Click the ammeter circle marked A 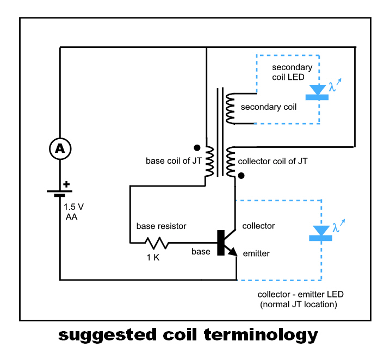click(60, 148)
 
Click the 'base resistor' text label click(161, 226)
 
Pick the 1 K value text click(152, 258)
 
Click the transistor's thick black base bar click(220, 243)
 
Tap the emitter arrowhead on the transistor click(233, 251)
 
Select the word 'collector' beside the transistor click(258, 226)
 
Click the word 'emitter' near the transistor click(256, 253)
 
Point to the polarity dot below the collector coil click(242, 176)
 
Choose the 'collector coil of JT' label click(274, 161)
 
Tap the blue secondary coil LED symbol click(318, 93)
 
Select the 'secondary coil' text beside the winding click(269, 107)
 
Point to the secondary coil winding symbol click(230, 107)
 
